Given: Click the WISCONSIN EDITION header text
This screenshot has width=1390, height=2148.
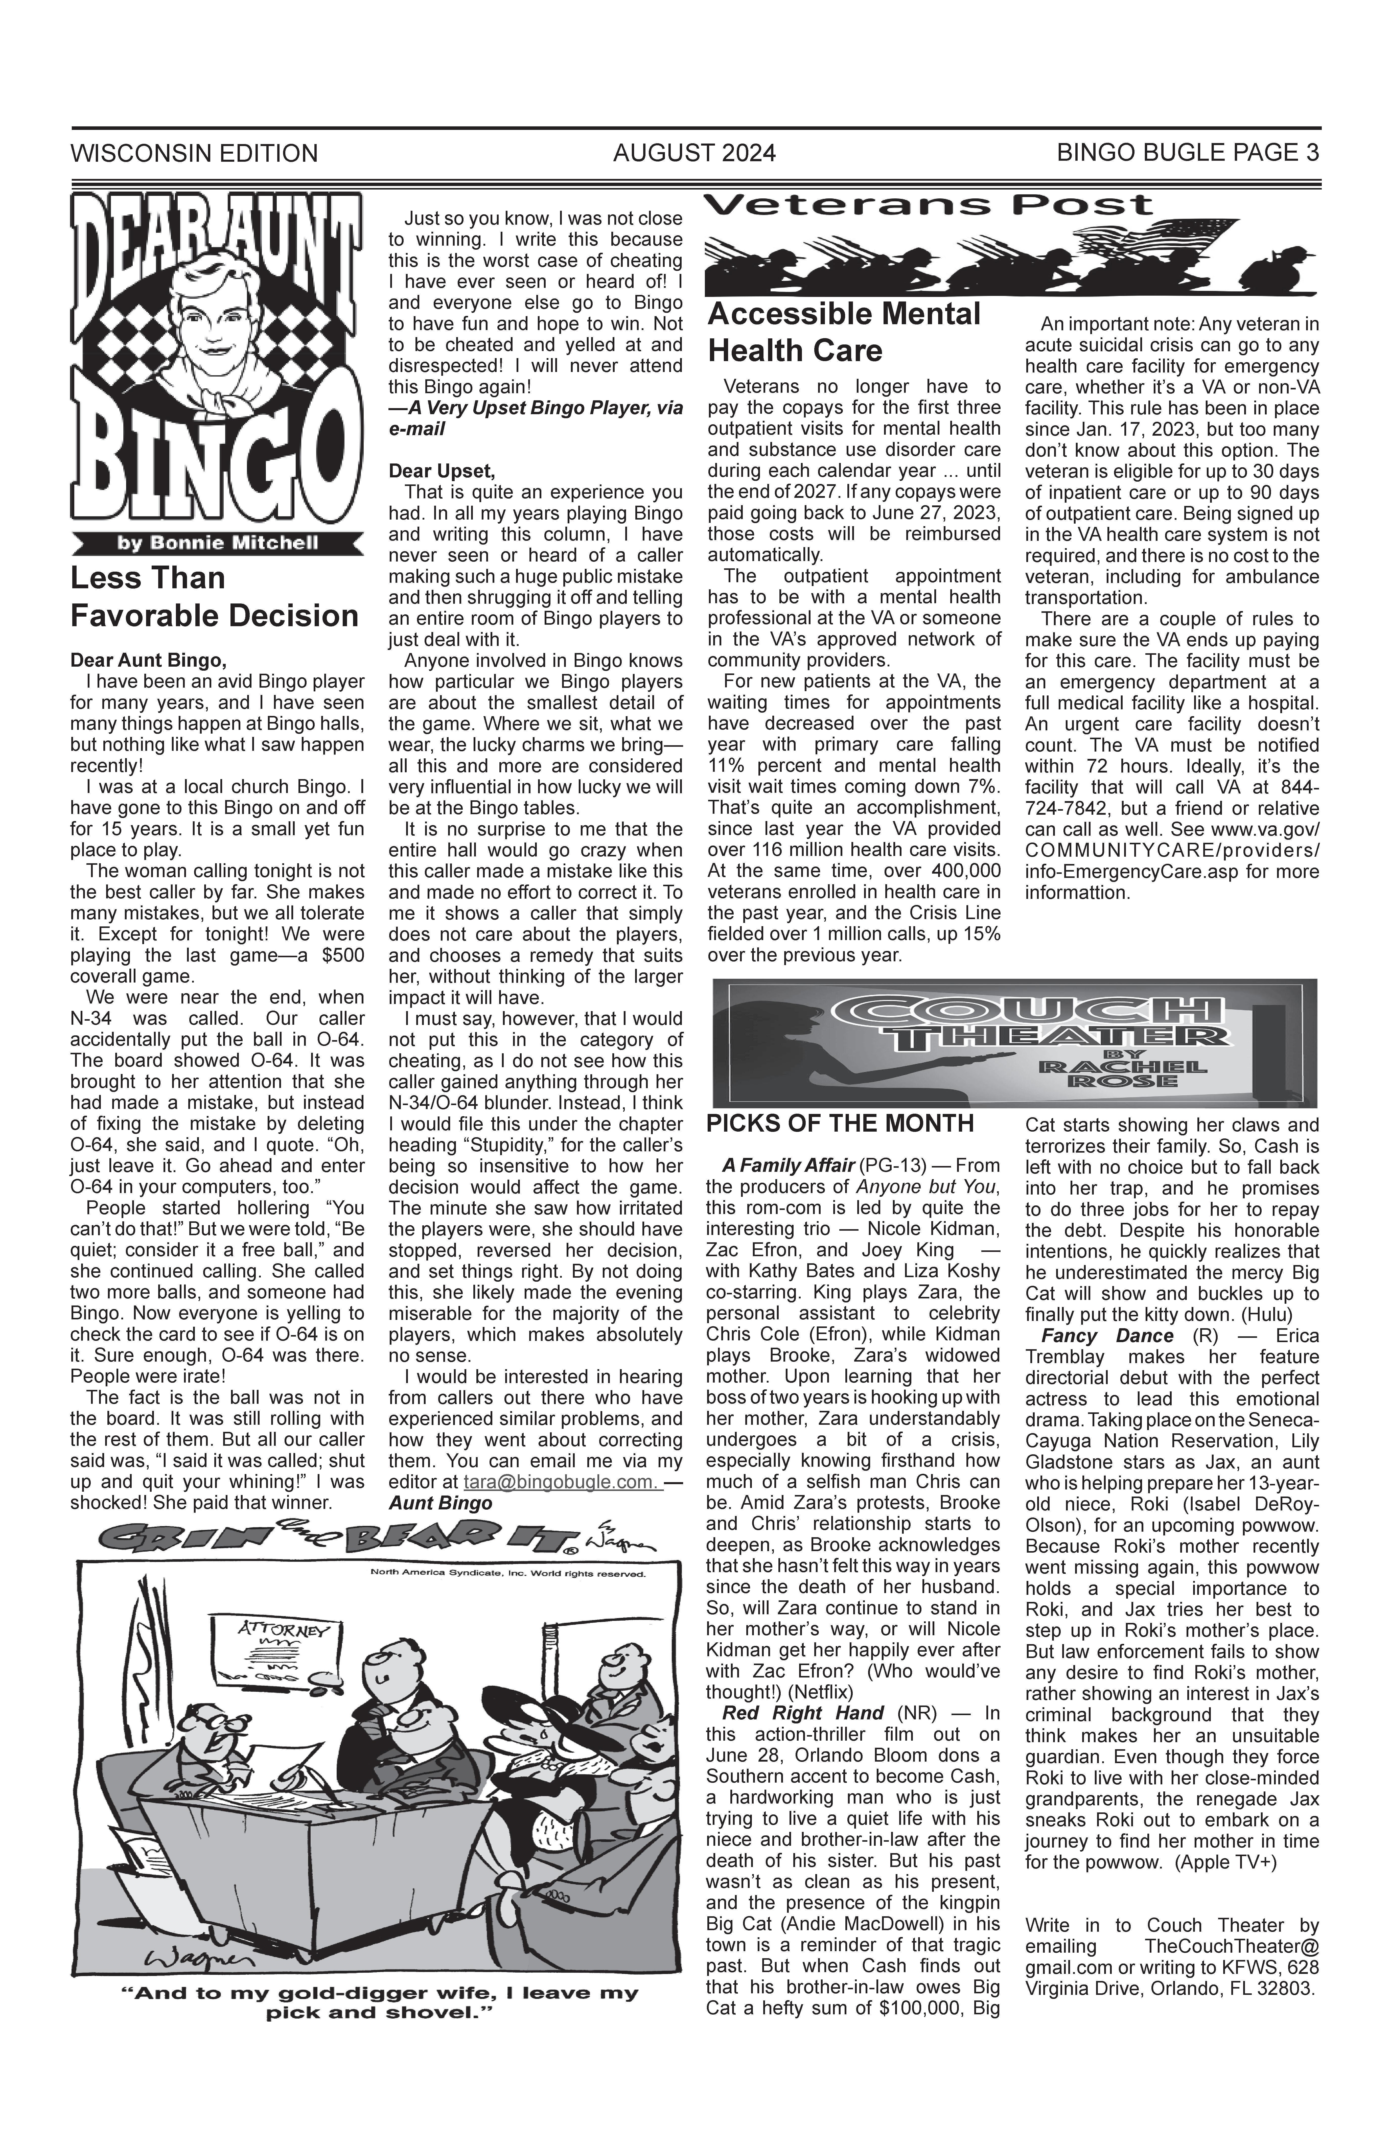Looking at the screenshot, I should click(194, 153).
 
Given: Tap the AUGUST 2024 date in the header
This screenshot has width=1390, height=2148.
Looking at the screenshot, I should click(694, 153).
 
